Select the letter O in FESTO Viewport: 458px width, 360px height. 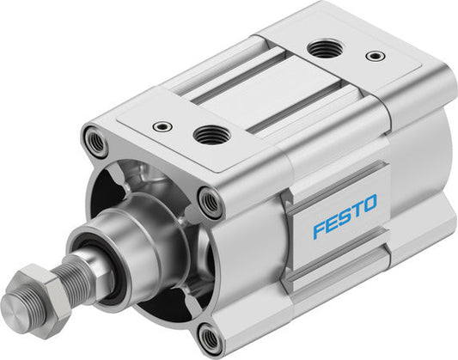[368, 204]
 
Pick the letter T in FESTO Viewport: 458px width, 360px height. [354, 207]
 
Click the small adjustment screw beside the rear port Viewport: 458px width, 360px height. [375, 57]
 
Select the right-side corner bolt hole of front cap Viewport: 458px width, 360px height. [210, 203]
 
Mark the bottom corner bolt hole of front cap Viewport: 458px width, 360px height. [209, 338]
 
